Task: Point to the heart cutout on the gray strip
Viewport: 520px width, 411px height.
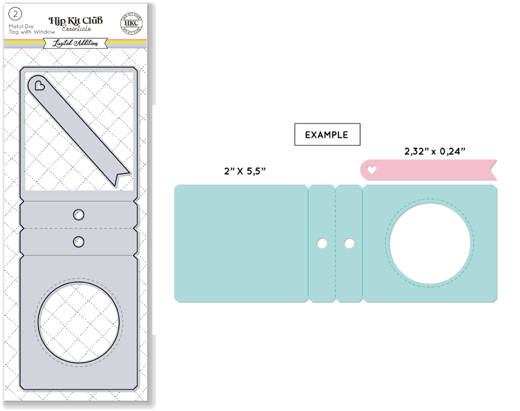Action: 39,86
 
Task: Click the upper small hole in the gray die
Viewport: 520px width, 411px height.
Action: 79,214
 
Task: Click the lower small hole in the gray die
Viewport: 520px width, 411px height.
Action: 79,241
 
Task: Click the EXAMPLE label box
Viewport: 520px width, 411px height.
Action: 327,134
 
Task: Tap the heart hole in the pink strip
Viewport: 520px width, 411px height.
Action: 372,170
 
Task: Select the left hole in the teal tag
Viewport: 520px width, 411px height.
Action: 321,243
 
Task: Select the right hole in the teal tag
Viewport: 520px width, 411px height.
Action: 349,243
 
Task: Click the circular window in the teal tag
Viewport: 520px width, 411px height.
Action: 430,244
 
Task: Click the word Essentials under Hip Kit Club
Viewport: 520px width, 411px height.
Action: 77,29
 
